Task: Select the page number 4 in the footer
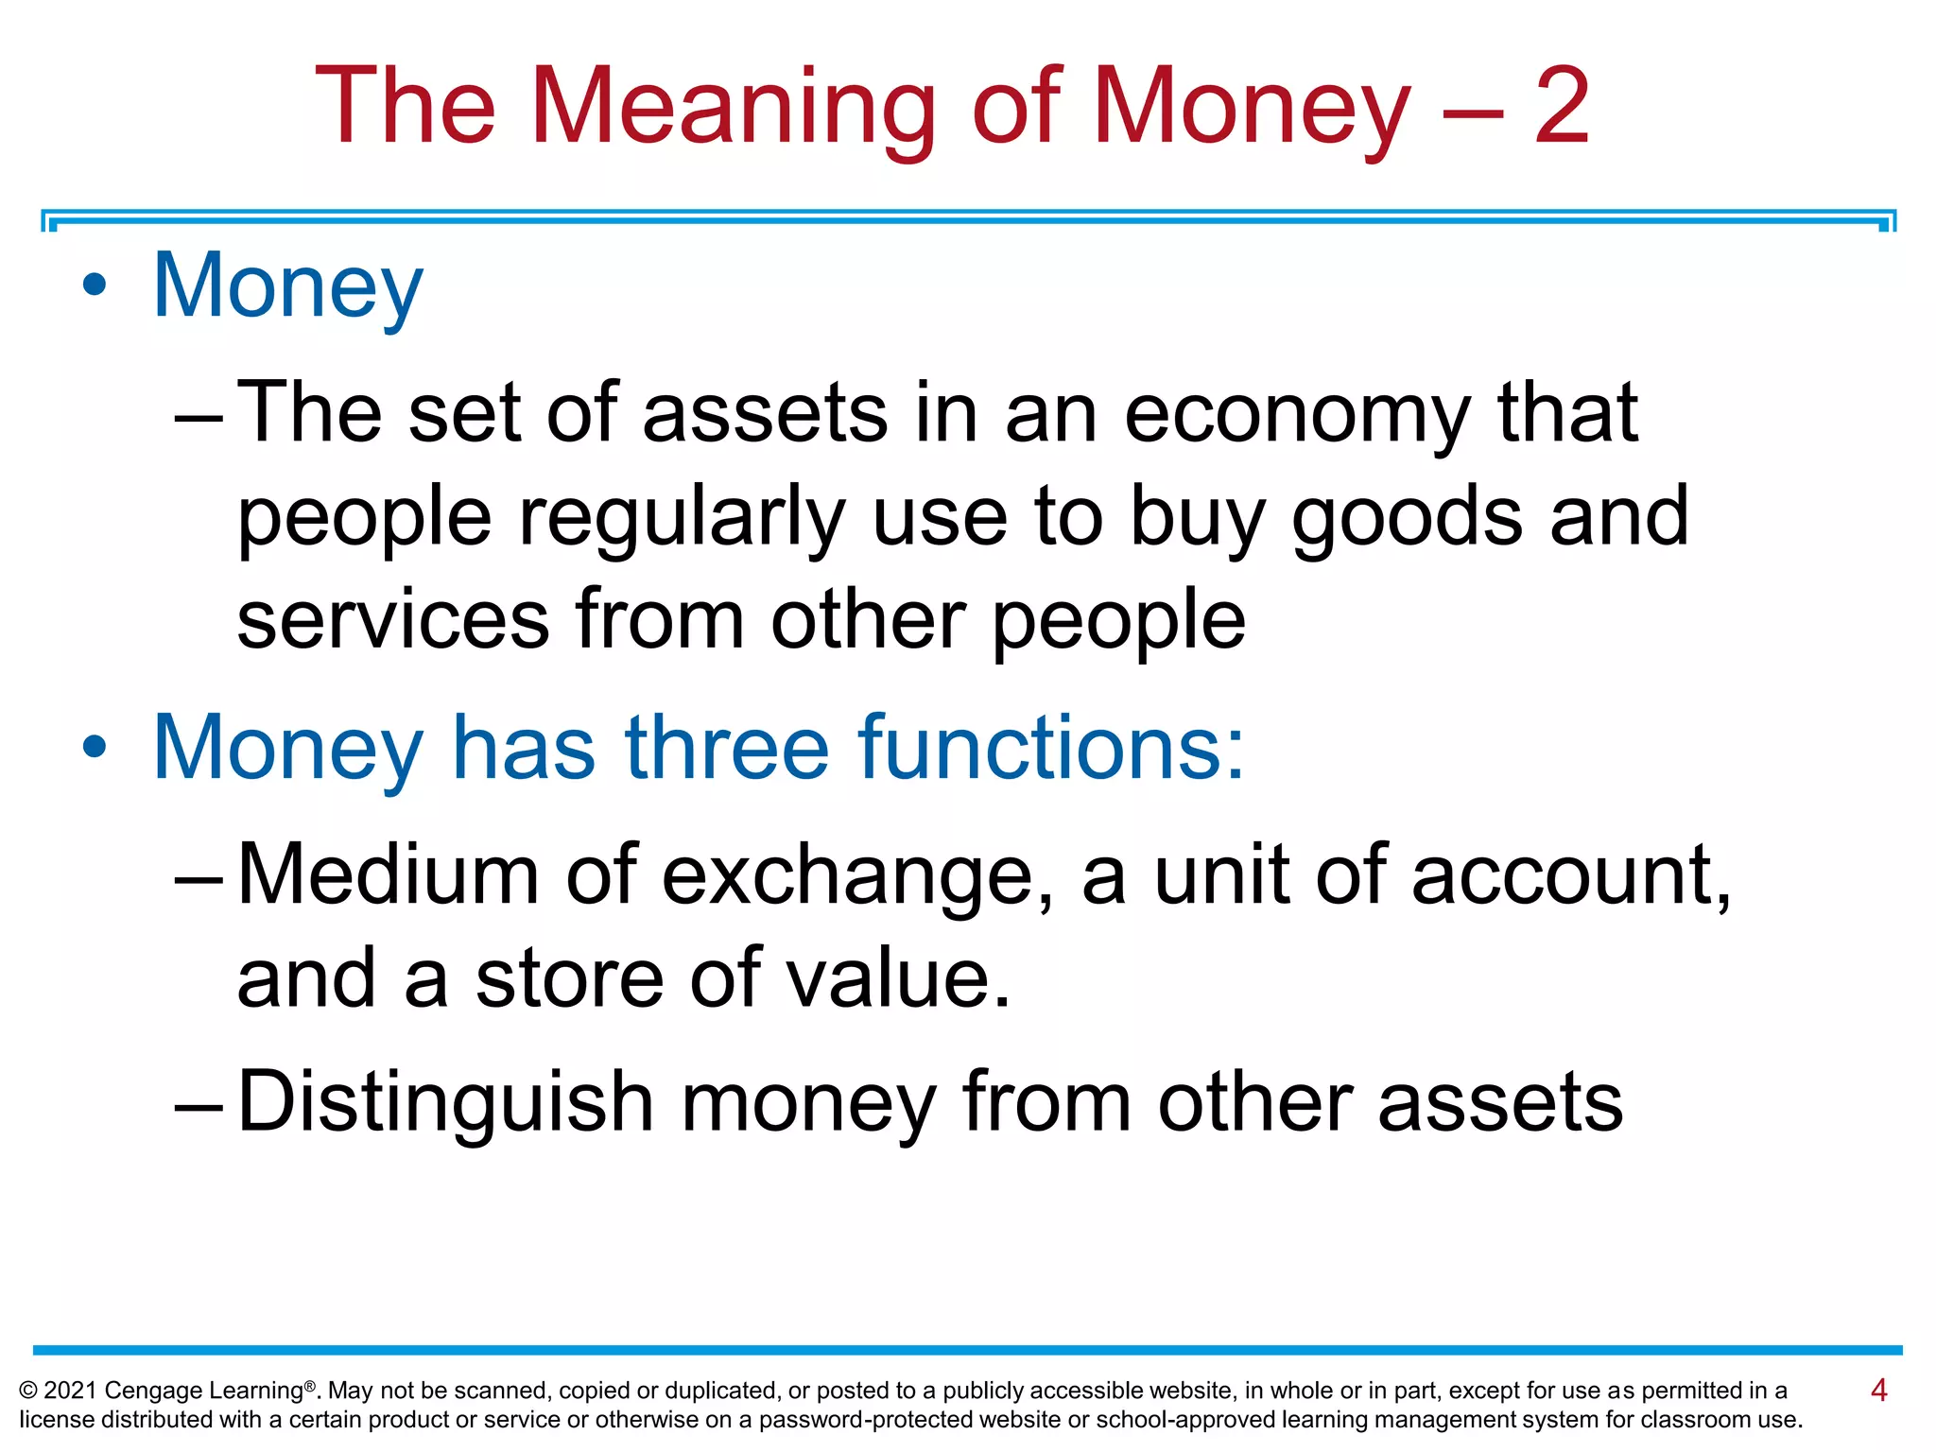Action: pos(1878,1390)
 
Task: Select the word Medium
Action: pos(389,874)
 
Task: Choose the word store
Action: pos(570,978)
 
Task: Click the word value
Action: pos(898,978)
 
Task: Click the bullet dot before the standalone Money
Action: pos(95,285)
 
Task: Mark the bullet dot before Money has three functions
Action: pos(95,747)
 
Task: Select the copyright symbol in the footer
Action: pos(28,1391)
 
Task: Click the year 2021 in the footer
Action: pos(70,1391)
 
